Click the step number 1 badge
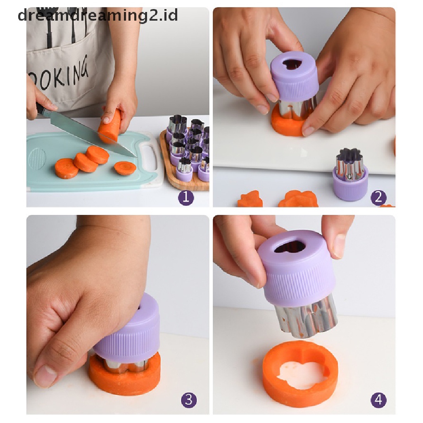(x=186, y=197)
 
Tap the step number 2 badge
(x=378, y=197)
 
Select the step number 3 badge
(x=188, y=400)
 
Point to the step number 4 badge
(x=378, y=400)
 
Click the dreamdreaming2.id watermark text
(x=98, y=15)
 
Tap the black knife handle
(x=40, y=109)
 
